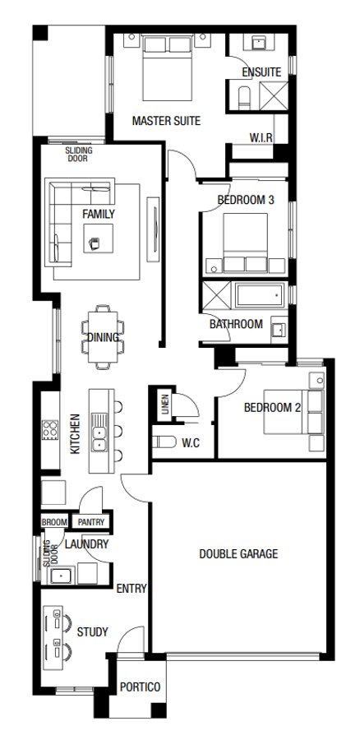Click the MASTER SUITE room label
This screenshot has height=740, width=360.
[166, 121]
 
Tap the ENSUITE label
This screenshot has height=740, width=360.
[261, 72]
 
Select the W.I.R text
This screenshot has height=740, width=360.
[261, 137]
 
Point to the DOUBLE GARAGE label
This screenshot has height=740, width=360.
[238, 553]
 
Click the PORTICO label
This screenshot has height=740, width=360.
[140, 687]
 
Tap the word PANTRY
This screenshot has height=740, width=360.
[90, 522]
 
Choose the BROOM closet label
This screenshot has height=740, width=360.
[54, 522]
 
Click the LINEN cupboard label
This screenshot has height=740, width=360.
[165, 404]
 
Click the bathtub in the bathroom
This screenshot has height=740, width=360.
[261, 295]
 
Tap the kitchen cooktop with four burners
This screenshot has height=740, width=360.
[50, 429]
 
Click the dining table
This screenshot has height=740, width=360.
[104, 337]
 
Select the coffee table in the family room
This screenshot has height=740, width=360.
[98, 238]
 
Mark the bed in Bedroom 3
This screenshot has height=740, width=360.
[246, 243]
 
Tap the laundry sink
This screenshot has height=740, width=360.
[60, 576]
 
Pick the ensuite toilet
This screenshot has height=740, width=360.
[245, 97]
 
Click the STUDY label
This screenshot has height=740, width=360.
[93, 632]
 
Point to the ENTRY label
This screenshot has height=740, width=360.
[132, 589]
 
